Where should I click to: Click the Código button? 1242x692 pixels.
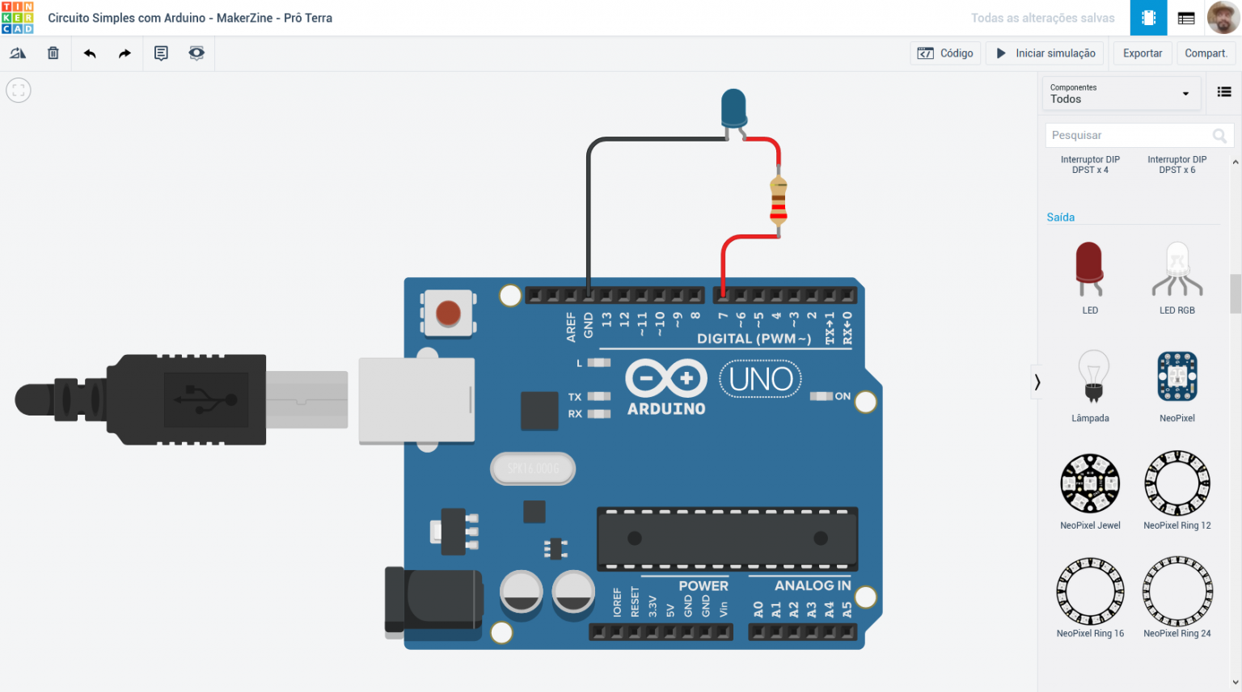945,53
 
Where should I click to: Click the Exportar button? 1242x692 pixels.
1142,53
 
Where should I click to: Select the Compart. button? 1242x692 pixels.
1206,53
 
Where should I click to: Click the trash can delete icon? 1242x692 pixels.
53,53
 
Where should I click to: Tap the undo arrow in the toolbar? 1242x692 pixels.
90,53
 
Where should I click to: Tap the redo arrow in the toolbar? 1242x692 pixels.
125,53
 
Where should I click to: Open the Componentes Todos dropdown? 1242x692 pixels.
1119,94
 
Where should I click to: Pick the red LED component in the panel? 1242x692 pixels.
1089,268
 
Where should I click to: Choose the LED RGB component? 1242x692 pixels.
1177,270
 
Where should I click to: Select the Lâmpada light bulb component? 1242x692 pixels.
1092,377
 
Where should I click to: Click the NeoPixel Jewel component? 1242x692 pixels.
1090,483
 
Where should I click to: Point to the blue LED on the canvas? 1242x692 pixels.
733,108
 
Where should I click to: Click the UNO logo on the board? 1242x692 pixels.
760,378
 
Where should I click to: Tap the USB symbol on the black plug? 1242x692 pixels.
206,399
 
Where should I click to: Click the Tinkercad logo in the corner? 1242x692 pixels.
17,18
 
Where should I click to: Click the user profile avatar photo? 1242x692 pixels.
1223,18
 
